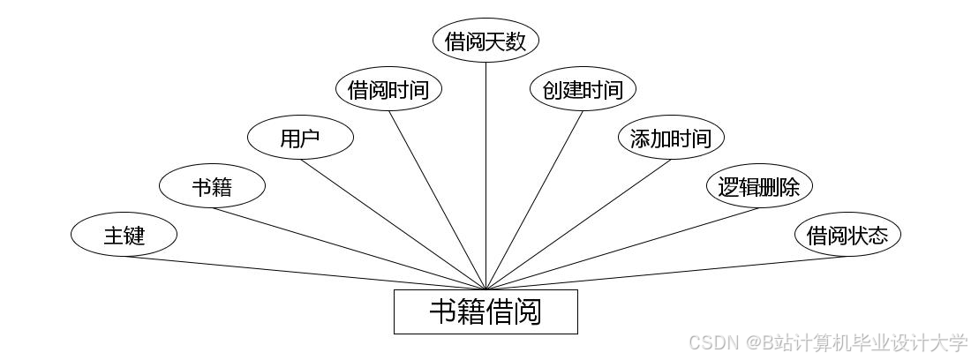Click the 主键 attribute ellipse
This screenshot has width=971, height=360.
[x=124, y=236]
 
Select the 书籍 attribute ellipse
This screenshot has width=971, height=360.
[x=212, y=187]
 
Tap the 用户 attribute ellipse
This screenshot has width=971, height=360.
[x=300, y=139]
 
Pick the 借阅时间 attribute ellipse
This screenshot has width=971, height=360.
[x=388, y=90]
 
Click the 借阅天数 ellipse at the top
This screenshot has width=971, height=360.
[x=485, y=41]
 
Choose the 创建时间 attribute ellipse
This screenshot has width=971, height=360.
[x=583, y=90]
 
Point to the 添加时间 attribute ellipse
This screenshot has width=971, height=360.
[x=671, y=139]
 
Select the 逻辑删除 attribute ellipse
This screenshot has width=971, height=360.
[x=759, y=187]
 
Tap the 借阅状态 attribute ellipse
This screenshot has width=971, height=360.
[x=847, y=236]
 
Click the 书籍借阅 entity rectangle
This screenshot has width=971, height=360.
[x=485, y=311]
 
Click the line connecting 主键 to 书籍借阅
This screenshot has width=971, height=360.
[x=305, y=273]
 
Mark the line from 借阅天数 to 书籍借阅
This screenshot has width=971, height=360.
[x=485, y=176]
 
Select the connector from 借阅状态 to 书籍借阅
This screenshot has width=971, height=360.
[x=666, y=273]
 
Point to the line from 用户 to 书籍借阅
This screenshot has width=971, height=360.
[x=393, y=224]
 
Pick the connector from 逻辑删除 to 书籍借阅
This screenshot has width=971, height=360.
[x=622, y=249]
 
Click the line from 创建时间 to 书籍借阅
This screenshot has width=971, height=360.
[x=534, y=200]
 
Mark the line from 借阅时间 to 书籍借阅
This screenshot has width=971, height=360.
[x=437, y=200]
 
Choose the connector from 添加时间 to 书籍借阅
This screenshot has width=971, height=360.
[x=578, y=224]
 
